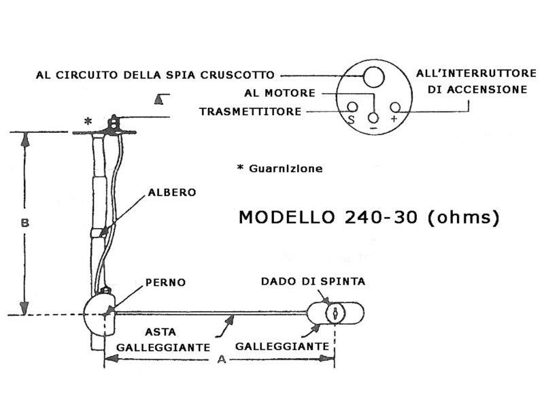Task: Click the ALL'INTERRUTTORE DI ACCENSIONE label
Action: (471, 80)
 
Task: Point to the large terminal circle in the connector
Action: (373, 76)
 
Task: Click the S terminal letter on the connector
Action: (352, 119)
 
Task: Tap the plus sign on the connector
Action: (394, 118)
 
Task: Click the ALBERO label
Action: (172, 193)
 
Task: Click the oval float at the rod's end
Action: (336, 314)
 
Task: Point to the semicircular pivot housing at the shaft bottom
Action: (99, 315)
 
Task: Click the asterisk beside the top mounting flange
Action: (88, 121)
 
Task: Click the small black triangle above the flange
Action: (158, 99)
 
